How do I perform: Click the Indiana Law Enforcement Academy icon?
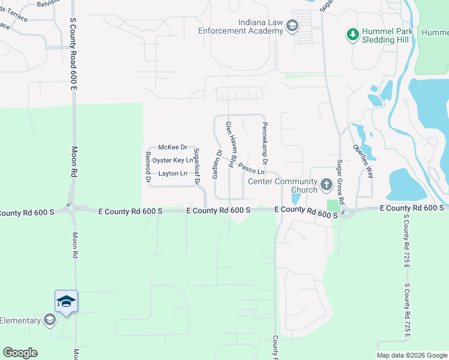pos(292,26)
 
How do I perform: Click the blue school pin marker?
pos(66,301)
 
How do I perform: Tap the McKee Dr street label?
pos(173,147)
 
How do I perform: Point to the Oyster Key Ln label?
pos(172,160)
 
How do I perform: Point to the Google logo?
pos(20,353)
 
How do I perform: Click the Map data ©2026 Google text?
pos(411,355)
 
